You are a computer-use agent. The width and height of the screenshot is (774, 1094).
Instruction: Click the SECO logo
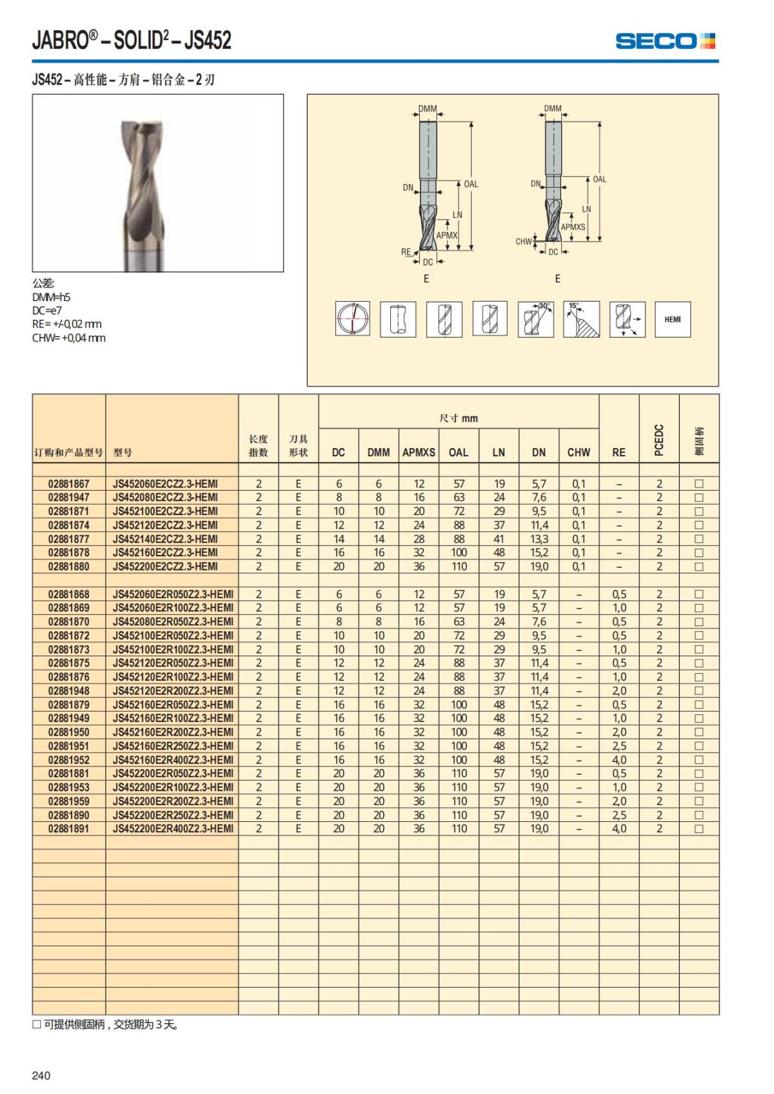(x=665, y=41)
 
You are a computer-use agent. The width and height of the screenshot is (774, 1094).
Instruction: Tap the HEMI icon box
(x=672, y=319)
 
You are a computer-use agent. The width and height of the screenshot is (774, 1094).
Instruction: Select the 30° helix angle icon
(x=535, y=319)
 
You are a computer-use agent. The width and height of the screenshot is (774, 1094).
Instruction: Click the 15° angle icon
(x=581, y=319)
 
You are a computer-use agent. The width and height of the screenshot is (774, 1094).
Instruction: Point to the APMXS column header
(x=419, y=453)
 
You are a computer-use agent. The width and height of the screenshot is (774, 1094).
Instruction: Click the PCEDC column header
(x=659, y=440)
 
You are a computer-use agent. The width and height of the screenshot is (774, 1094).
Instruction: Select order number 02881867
(x=69, y=484)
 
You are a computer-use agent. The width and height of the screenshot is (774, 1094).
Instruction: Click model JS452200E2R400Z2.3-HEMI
(x=173, y=828)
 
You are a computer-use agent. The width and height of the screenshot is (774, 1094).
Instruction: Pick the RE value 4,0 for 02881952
(x=619, y=759)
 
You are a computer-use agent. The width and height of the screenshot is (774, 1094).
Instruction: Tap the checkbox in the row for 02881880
(x=699, y=567)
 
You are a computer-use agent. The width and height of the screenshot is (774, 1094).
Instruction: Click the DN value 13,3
(x=539, y=539)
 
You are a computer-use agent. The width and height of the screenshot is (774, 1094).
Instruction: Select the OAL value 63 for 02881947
(x=459, y=497)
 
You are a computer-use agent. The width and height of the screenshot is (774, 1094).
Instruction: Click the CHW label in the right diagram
(x=523, y=242)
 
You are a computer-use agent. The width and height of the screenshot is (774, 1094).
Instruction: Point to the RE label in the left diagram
(x=406, y=252)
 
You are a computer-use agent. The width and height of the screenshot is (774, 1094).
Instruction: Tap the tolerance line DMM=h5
(x=51, y=297)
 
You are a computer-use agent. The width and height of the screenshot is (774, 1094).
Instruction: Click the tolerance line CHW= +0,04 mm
(x=68, y=338)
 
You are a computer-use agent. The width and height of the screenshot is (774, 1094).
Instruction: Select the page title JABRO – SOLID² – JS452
(x=132, y=41)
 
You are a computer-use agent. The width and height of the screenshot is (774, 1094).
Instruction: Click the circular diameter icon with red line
(x=352, y=318)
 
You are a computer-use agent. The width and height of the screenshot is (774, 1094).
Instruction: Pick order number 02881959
(x=69, y=801)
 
